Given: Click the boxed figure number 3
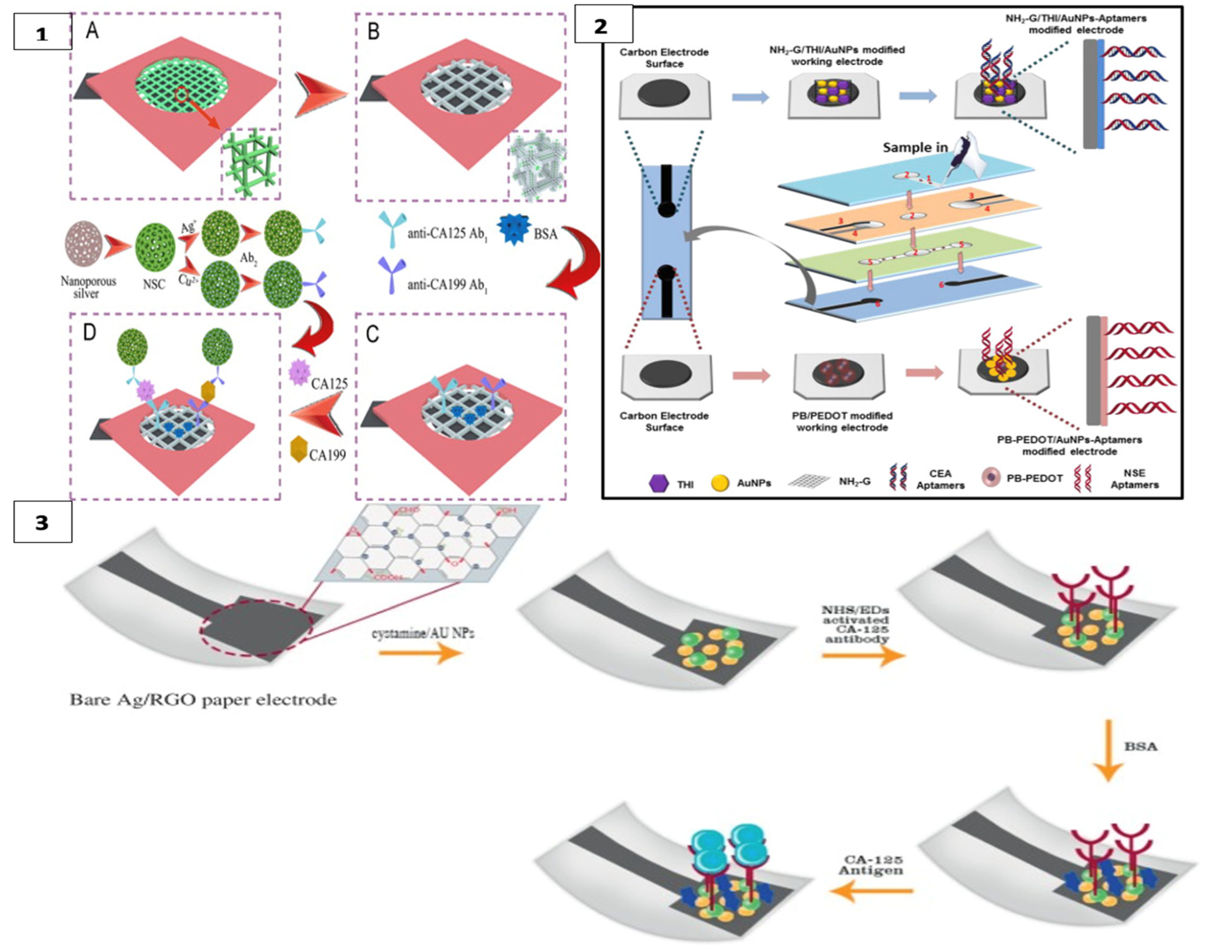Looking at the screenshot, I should (x=42, y=523).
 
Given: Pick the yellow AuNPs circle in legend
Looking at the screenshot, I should (x=720, y=482).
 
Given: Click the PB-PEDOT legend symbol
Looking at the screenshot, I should (x=990, y=479).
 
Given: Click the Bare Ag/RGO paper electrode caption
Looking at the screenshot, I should (x=203, y=700).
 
